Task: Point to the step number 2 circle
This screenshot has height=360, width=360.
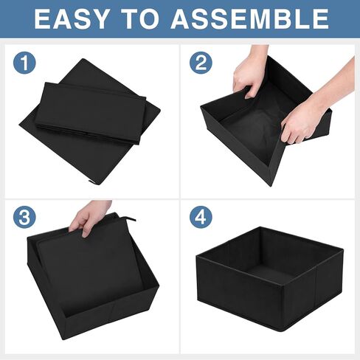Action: pyautogui.click(x=200, y=63)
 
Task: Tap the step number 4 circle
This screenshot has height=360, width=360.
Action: pyautogui.click(x=200, y=218)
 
